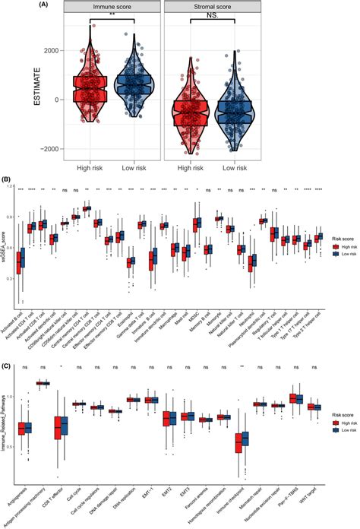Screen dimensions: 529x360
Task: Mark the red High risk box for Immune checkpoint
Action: pyautogui.click(x=238, y=442)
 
